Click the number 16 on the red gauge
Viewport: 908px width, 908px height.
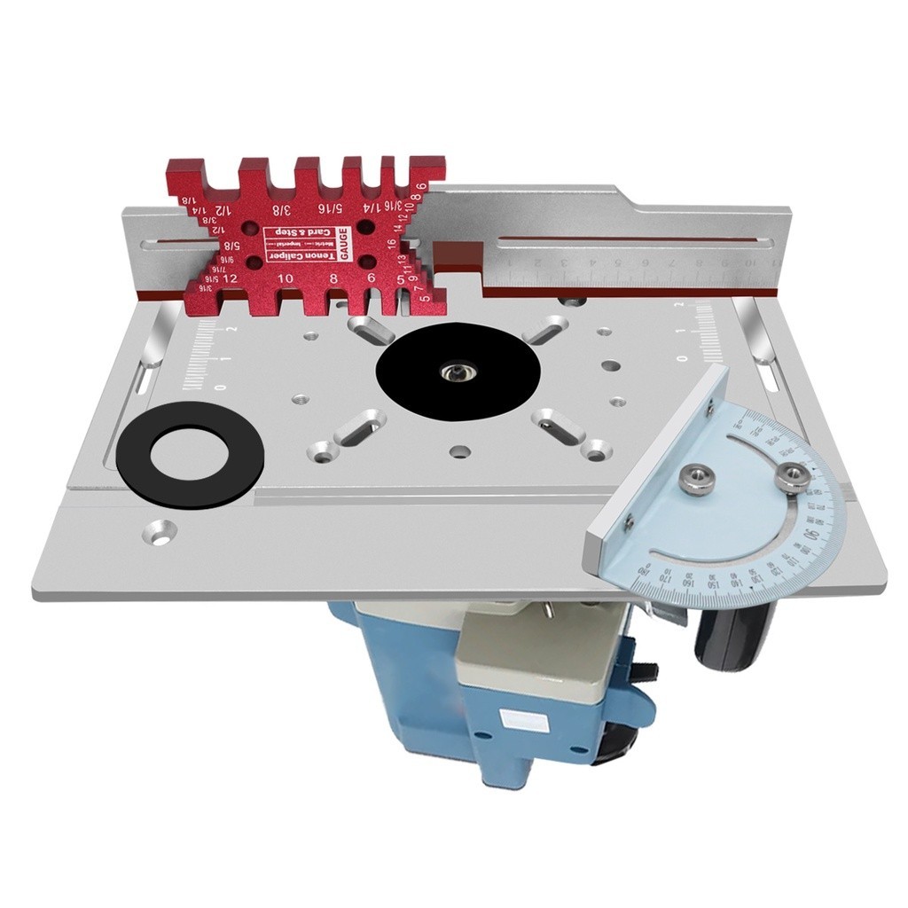[390, 242]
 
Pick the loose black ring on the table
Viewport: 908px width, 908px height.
[191, 454]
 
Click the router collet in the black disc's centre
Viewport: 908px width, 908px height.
[456, 372]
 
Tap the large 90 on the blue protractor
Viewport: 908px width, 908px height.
[809, 534]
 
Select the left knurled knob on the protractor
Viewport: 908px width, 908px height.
[693, 480]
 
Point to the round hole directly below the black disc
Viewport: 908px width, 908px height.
[458, 451]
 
